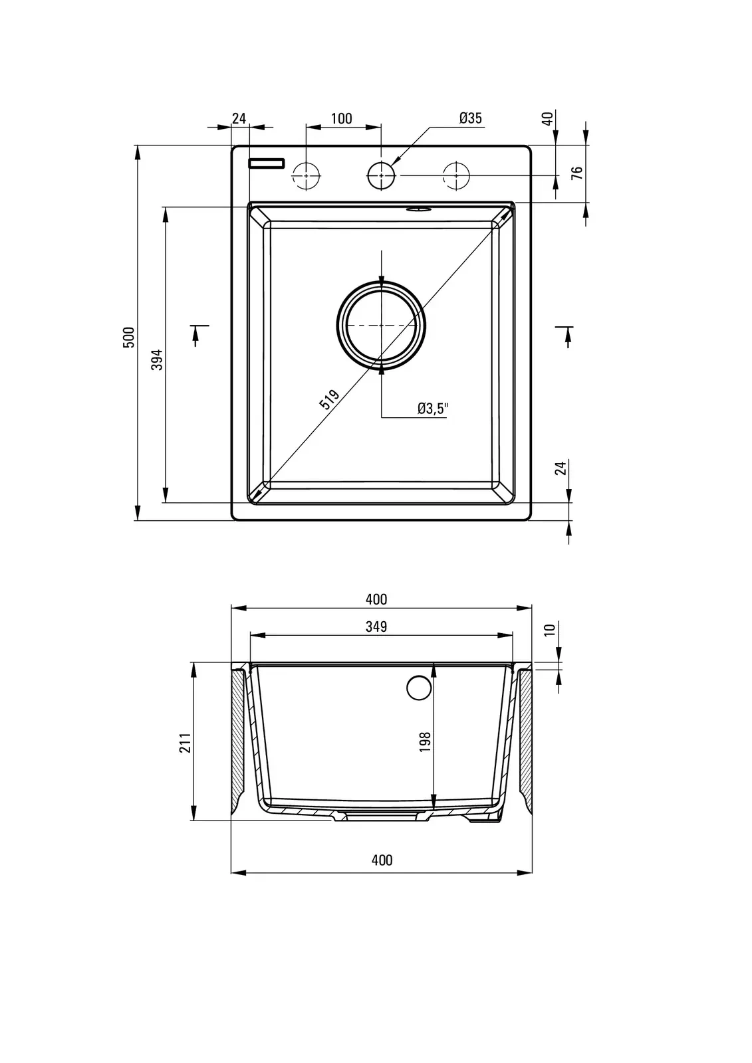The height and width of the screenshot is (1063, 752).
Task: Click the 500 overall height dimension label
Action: [x=129, y=338]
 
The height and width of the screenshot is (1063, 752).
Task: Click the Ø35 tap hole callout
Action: [x=470, y=118]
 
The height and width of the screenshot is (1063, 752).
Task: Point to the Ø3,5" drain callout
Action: [x=433, y=408]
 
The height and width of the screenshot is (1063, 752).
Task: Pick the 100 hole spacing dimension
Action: [x=342, y=118]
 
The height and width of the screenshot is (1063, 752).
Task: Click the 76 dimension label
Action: [x=576, y=173]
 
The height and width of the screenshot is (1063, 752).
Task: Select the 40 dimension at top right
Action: [x=548, y=119]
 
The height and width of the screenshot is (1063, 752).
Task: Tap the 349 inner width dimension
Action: [x=376, y=627]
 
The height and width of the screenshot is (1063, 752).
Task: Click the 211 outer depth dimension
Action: [x=185, y=743]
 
